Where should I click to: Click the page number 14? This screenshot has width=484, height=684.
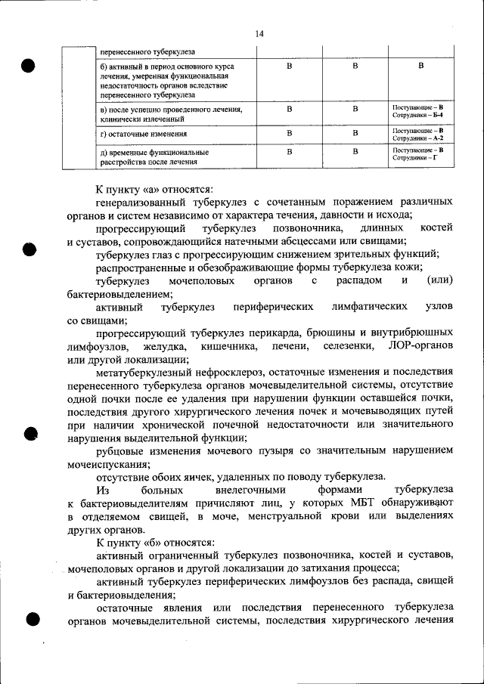point(259,34)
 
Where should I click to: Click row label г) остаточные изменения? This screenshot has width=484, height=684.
point(144,135)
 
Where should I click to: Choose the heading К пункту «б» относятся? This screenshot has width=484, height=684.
point(154,543)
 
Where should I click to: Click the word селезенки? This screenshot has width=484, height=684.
point(349,345)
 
